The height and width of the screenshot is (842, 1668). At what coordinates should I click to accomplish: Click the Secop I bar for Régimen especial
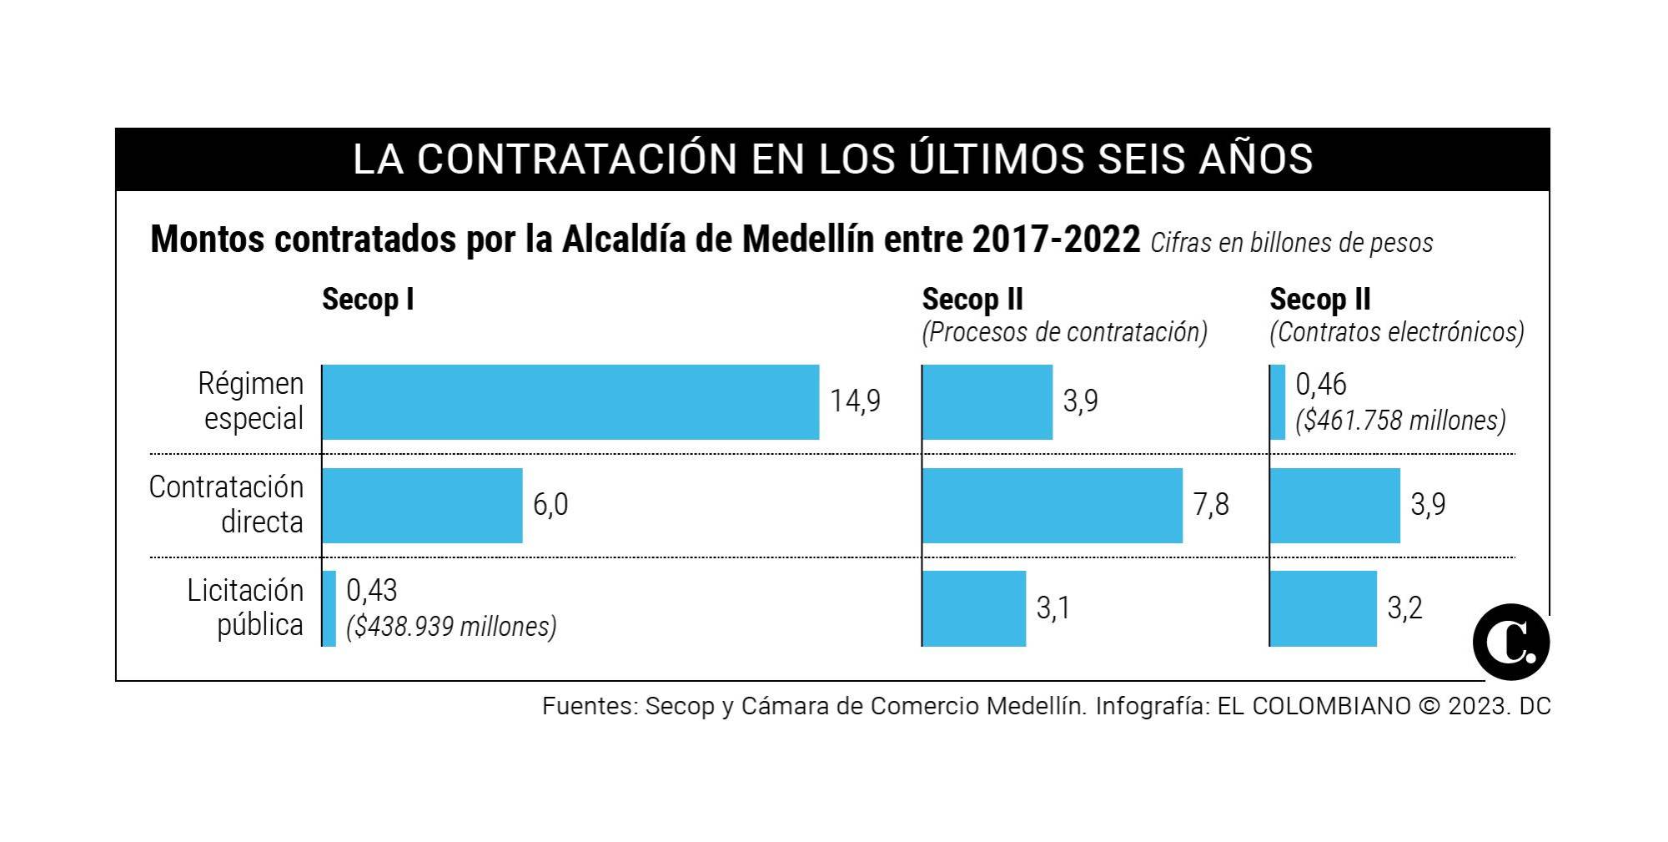point(570,402)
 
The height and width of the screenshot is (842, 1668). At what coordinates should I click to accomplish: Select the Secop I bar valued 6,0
point(422,506)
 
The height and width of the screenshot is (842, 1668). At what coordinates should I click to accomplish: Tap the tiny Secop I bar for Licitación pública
point(329,608)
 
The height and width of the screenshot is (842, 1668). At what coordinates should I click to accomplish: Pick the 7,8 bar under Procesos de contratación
point(1053,506)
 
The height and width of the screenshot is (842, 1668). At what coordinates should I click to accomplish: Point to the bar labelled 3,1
point(974,608)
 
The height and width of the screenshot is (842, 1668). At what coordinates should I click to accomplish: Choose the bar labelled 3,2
point(1324,608)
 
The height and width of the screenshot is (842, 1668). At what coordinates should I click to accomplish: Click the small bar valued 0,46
point(1278,402)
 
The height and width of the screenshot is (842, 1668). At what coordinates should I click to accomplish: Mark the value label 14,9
point(855,401)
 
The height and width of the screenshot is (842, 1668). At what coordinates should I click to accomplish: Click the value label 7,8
point(1211,505)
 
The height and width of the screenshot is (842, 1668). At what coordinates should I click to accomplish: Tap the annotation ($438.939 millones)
point(451,627)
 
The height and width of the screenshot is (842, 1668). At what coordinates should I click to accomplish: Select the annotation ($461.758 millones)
point(1400,421)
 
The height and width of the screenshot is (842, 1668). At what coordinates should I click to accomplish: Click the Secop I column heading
point(368,300)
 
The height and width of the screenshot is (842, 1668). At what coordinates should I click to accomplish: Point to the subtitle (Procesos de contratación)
point(1064,332)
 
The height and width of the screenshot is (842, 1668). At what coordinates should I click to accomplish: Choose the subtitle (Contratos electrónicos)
point(1397,332)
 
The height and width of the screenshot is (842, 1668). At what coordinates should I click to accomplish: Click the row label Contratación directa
point(227,505)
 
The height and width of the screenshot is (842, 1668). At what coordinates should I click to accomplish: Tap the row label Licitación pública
point(245,608)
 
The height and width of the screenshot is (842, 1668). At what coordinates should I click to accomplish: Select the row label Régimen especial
point(251,401)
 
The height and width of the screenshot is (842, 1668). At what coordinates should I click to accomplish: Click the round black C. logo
point(1511,643)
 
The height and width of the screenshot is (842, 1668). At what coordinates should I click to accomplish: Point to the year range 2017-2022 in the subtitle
point(1056,240)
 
